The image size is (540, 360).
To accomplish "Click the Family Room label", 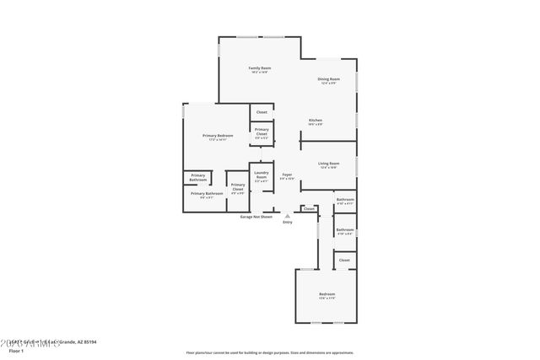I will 259,68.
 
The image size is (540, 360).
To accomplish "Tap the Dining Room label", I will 329,80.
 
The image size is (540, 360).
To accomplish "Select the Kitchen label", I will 315,121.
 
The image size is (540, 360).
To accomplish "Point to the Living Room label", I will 328,164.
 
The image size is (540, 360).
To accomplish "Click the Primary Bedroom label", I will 217,137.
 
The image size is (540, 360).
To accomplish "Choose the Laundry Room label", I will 261,176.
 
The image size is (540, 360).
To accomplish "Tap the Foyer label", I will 287,175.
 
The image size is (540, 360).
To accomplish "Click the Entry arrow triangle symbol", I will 287,216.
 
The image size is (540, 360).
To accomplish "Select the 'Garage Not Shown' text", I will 256,217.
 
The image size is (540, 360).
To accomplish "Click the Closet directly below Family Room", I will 262,111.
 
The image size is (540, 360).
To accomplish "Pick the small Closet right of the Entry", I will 309,208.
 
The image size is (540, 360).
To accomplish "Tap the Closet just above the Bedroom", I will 344,261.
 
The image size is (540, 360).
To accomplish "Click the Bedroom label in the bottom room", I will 327,293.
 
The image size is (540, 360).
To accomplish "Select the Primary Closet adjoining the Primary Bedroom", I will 262,132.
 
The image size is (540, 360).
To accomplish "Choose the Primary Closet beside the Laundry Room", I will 238,187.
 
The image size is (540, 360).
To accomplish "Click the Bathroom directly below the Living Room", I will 345,200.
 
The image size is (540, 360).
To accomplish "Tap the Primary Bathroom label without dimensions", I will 197,178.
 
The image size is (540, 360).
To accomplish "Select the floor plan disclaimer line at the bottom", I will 270,352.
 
